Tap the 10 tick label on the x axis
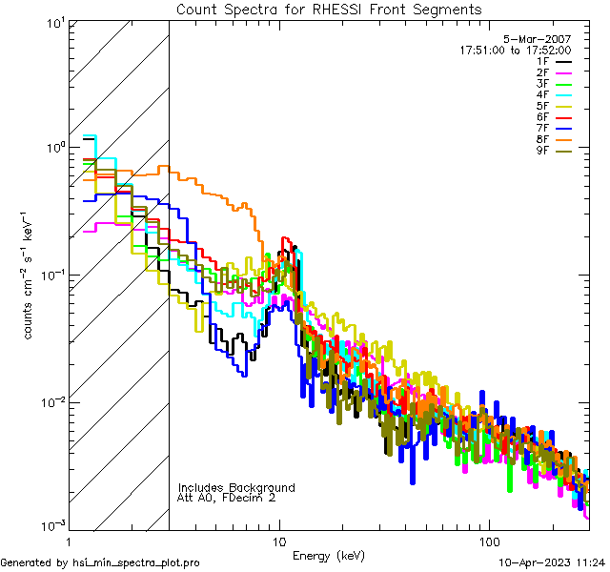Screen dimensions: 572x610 [x=278, y=540]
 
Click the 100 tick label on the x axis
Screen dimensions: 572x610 [x=488, y=540]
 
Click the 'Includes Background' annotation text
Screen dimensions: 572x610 [x=235, y=487]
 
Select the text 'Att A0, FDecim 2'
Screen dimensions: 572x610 [x=226, y=498]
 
